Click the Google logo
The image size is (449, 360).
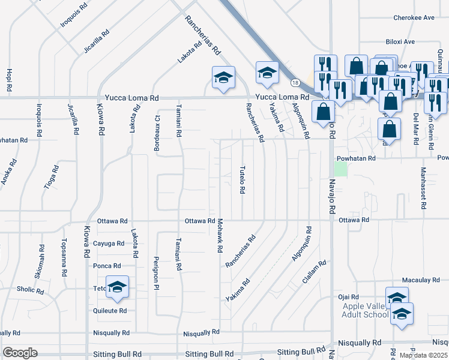coord(20,353)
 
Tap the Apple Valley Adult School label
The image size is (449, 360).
coord(367,311)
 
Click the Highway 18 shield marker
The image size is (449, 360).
coord(295,82)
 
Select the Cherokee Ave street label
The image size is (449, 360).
coord(414,18)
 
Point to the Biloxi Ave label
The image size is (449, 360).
coord(400,42)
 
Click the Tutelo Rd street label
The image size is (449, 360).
coord(243,179)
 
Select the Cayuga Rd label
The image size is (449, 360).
coord(109,244)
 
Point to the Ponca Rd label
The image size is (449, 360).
coord(107,266)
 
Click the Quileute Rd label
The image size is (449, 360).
coord(110,311)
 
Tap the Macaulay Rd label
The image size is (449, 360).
coord(418,280)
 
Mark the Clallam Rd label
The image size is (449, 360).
coord(315,271)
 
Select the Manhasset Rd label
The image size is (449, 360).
coord(424,187)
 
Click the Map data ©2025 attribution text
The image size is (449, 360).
coord(424,355)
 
